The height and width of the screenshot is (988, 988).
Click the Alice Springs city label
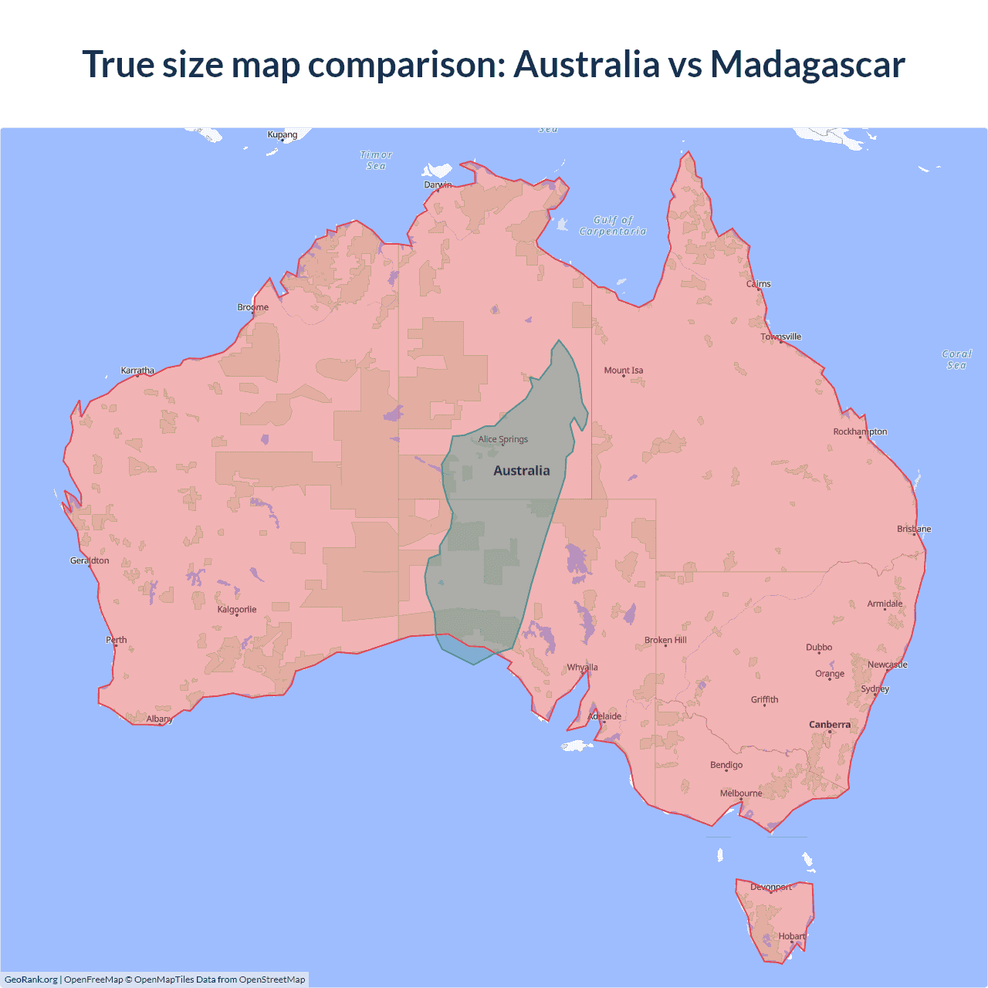[x=502, y=439]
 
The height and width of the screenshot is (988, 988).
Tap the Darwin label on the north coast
[x=438, y=184]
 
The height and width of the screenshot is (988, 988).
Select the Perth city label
[x=117, y=639]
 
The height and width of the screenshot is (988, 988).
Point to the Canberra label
[x=830, y=724]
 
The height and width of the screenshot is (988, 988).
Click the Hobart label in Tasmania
[x=792, y=936]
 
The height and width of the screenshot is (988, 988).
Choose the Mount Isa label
[x=623, y=370]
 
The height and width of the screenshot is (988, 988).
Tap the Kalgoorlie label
[x=237, y=609]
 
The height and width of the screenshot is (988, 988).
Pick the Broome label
[x=253, y=307]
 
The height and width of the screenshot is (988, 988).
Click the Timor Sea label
[x=376, y=161]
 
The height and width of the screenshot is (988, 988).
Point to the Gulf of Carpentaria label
[x=613, y=225]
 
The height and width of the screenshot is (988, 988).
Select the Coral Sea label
[x=956, y=360]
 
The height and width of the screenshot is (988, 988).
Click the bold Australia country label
[x=522, y=471]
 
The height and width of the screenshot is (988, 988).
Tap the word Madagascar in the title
[x=807, y=64]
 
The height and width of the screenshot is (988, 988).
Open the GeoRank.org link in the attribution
[x=31, y=980]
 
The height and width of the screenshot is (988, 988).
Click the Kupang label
[x=283, y=134]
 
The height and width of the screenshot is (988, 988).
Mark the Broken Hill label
[x=665, y=640]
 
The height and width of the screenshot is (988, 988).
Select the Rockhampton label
[x=860, y=431]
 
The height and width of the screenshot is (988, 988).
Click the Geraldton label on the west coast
[x=90, y=560]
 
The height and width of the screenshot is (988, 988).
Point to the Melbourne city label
[x=741, y=793]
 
